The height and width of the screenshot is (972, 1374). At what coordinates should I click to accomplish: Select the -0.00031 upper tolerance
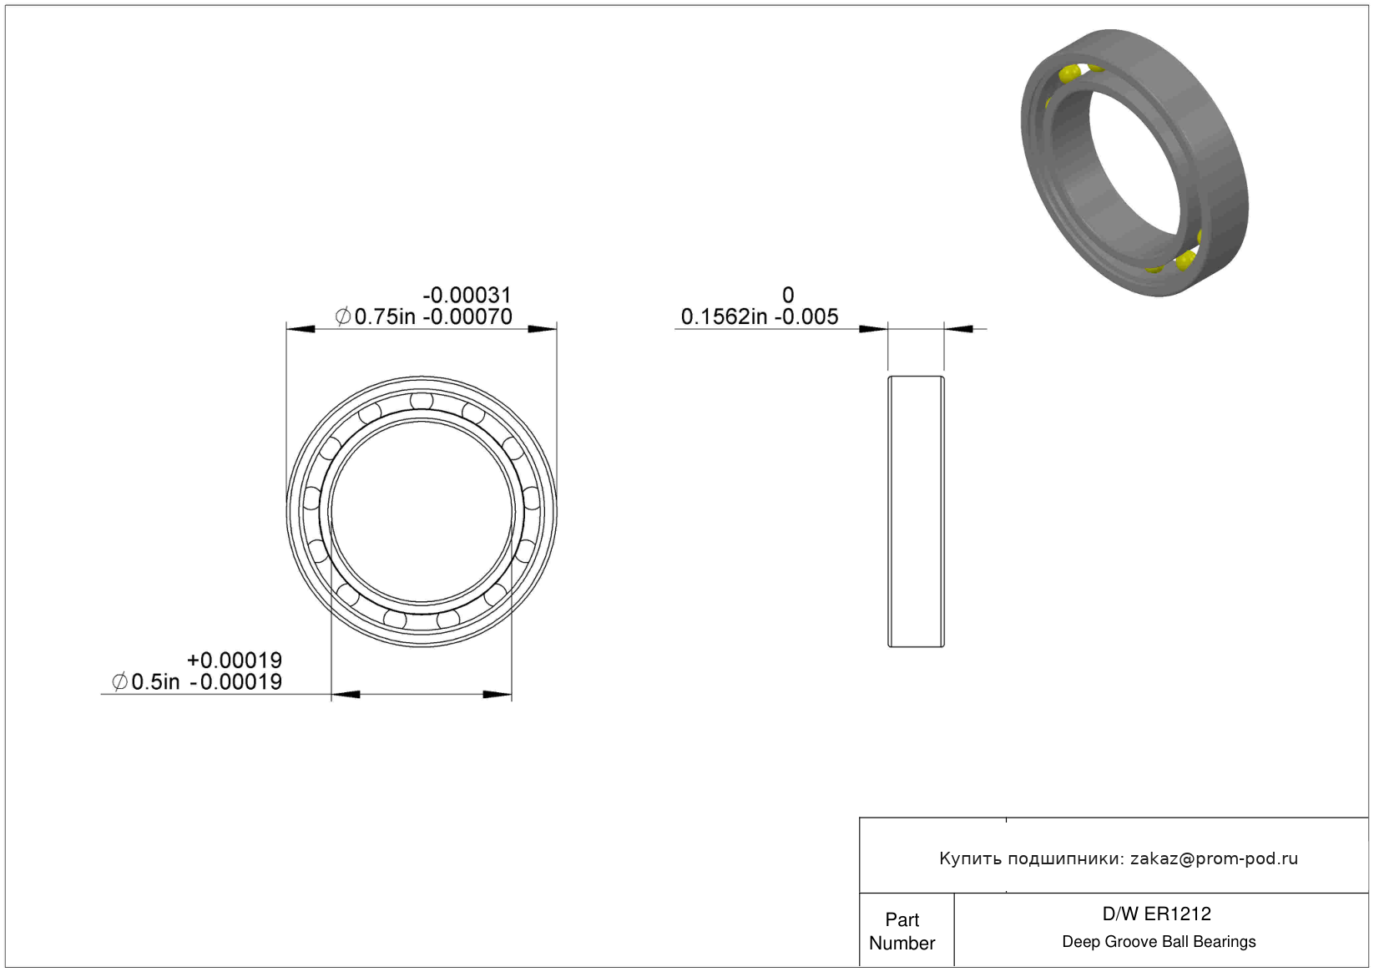[467, 295]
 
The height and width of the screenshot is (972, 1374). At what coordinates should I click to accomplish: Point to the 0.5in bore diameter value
[155, 681]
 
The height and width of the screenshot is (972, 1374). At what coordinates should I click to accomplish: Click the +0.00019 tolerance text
[235, 661]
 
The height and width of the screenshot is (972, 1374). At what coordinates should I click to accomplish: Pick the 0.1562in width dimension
[724, 316]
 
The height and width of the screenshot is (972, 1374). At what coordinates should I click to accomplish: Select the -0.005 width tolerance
[806, 316]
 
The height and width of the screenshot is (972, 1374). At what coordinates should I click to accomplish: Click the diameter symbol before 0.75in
[343, 316]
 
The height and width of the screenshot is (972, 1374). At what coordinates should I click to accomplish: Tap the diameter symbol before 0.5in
[119, 681]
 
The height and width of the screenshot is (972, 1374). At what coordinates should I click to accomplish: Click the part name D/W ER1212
[1157, 914]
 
